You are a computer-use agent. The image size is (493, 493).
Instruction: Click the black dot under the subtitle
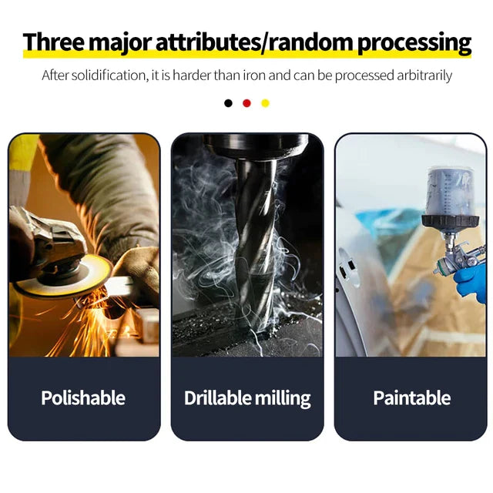point(228,103)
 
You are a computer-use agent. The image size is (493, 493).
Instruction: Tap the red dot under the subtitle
point(246,103)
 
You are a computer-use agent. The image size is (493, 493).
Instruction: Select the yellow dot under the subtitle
point(265,103)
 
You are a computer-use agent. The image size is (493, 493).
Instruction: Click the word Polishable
point(83,397)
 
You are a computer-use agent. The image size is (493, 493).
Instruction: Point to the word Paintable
point(412,397)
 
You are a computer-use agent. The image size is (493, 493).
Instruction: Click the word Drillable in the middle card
point(217,397)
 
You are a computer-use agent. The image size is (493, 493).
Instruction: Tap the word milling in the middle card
point(283,399)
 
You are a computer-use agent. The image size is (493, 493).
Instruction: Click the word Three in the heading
point(54,42)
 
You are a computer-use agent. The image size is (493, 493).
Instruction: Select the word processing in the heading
point(414,43)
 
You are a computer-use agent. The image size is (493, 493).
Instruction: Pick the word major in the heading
point(120,43)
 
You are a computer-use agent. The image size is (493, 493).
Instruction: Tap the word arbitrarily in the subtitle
point(424,75)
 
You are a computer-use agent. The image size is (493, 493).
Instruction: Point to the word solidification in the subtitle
point(109,75)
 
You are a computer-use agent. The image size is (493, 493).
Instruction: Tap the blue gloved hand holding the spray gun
point(471,283)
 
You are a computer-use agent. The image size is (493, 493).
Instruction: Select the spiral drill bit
point(255,245)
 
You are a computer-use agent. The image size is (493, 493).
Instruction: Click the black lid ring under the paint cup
point(450,221)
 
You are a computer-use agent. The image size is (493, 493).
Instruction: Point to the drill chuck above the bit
point(255,146)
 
